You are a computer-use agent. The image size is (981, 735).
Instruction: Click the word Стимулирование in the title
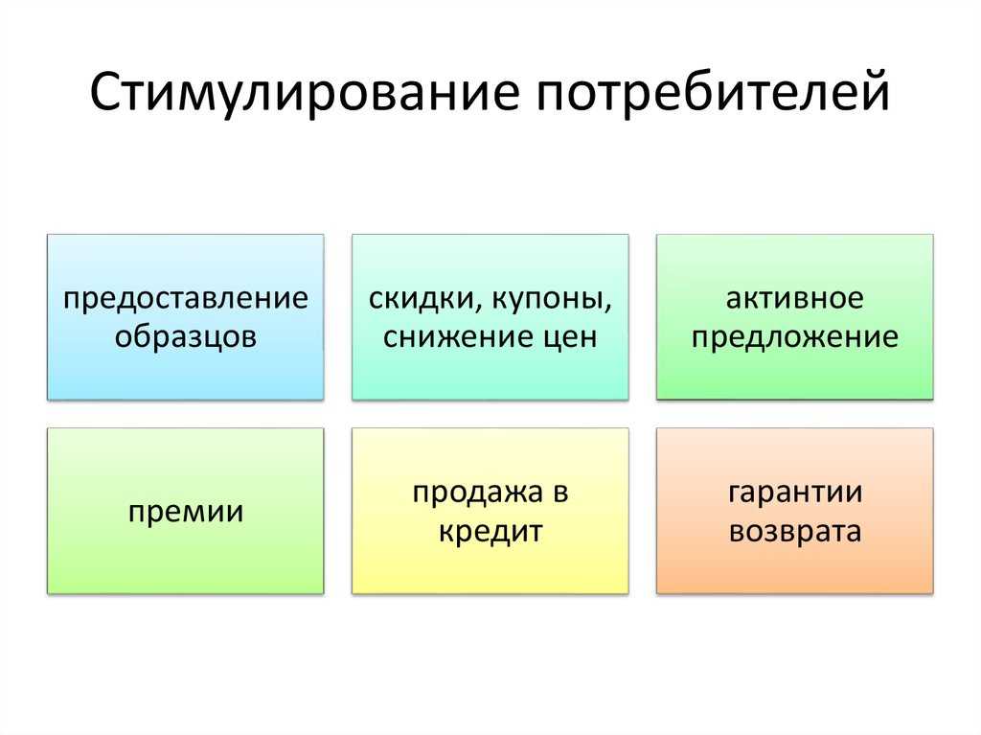(x=304, y=93)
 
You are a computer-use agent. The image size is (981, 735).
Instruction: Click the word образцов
(x=186, y=336)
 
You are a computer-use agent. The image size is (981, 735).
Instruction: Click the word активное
(x=794, y=299)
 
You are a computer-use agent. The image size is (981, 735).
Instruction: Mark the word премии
(x=186, y=513)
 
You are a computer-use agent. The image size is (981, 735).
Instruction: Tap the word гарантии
(x=795, y=494)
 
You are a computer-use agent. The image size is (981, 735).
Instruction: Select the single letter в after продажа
(x=559, y=494)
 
